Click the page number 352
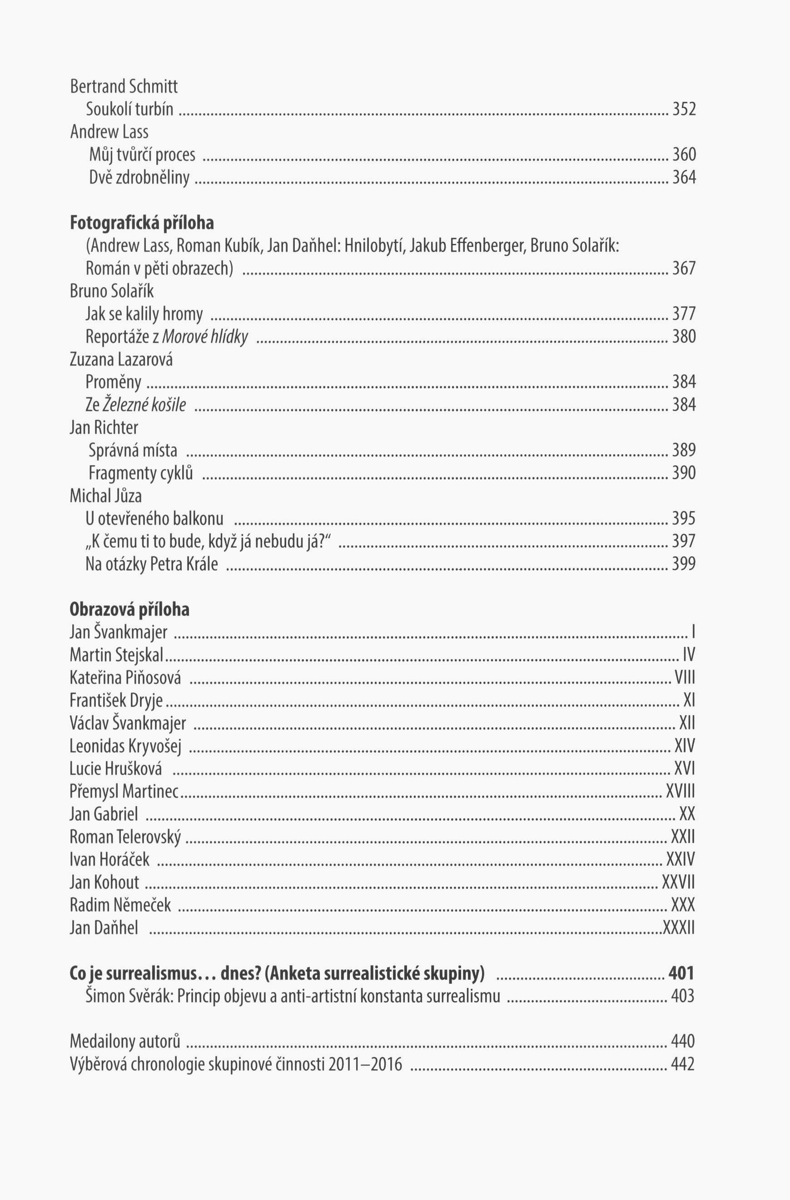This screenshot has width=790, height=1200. click(684, 109)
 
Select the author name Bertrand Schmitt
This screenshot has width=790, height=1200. click(124, 87)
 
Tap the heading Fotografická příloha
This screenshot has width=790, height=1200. click(142, 223)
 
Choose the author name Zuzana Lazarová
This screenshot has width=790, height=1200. click(121, 359)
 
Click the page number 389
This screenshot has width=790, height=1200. click(684, 450)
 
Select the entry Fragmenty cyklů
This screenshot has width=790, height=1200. click(141, 473)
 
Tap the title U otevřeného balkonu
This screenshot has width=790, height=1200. click(154, 518)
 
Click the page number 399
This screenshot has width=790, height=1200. click(684, 563)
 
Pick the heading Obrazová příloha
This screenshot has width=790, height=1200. click(129, 609)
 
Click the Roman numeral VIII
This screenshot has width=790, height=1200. click(685, 677)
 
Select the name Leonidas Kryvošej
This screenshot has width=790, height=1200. click(125, 746)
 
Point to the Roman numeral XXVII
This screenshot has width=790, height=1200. click(678, 883)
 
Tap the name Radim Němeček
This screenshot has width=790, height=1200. click(120, 905)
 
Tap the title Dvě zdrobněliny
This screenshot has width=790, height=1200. click(139, 177)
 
